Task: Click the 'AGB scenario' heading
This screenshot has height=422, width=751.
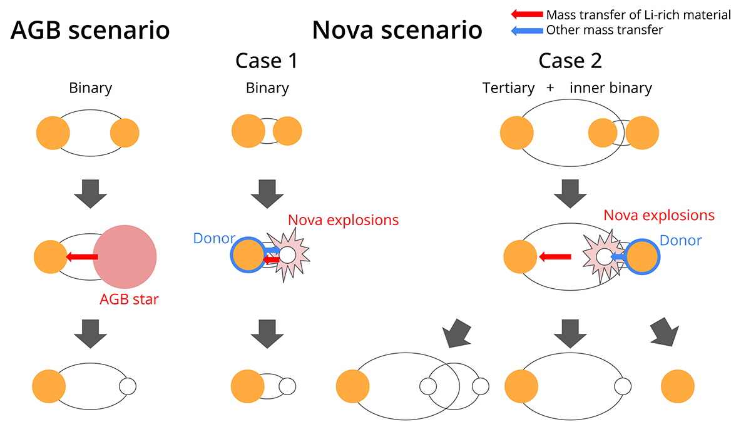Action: pyautogui.click(x=90, y=30)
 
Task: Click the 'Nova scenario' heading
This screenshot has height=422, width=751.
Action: pyautogui.click(x=397, y=30)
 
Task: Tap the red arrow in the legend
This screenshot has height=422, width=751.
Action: pyautogui.click(x=527, y=14)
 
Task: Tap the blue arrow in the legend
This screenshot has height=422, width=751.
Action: pyautogui.click(x=527, y=29)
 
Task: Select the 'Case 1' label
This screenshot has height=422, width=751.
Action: pyautogui.click(x=266, y=61)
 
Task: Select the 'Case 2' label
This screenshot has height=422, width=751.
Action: pyautogui.click(x=570, y=61)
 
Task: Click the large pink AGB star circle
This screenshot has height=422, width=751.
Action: pyautogui.click(x=125, y=258)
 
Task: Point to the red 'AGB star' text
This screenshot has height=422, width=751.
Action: pyautogui.click(x=130, y=299)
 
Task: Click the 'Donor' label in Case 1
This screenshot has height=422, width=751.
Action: pyautogui.click(x=214, y=238)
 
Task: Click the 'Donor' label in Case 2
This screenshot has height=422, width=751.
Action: pyautogui.click(x=681, y=240)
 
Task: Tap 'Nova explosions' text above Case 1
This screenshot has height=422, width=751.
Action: pyautogui.click(x=343, y=220)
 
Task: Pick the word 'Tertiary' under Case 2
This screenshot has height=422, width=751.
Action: pyautogui.click(x=508, y=88)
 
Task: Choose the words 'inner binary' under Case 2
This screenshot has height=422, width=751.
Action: pyautogui.click(x=611, y=88)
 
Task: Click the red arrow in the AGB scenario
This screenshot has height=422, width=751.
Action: pyautogui.click(x=82, y=256)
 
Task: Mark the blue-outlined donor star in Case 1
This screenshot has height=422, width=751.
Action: pyautogui.click(x=248, y=255)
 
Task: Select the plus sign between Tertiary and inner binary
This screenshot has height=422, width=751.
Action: pyautogui.click(x=550, y=88)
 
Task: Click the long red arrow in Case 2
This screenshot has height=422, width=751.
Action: pyautogui.click(x=555, y=256)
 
